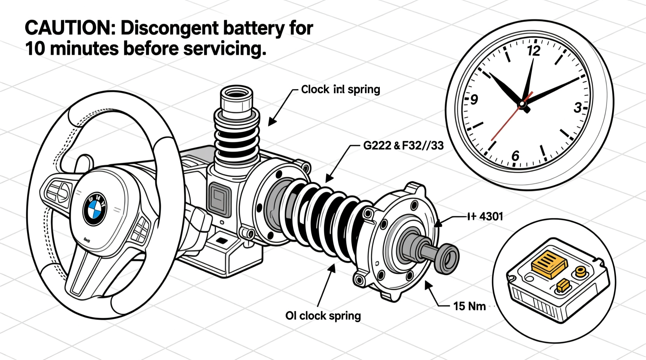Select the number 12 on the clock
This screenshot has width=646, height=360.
click(534, 51)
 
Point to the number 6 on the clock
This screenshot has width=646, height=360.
click(515, 156)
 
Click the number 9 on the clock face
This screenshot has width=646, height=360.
click(474, 100)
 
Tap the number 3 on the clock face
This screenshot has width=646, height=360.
click(578, 107)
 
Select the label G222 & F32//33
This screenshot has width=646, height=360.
click(403, 146)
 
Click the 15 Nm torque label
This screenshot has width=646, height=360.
click(469, 306)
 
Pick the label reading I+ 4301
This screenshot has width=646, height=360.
click(485, 216)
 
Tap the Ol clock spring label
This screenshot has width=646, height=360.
click(323, 316)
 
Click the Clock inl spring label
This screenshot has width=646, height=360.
click(340, 90)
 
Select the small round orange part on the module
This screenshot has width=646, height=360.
click(581, 271)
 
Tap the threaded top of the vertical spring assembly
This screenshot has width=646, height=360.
click(236, 97)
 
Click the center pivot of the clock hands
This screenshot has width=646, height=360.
click(522, 104)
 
